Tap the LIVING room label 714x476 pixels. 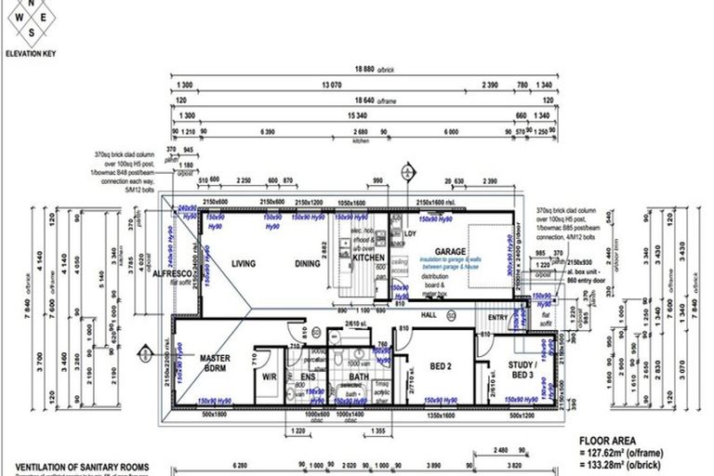[x=244, y=264]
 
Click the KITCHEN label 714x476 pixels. [x=369, y=231]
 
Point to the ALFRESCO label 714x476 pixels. [x=172, y=275]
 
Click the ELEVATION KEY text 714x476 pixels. [x=30, y=54]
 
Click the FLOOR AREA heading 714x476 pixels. [x=608, y=441]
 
